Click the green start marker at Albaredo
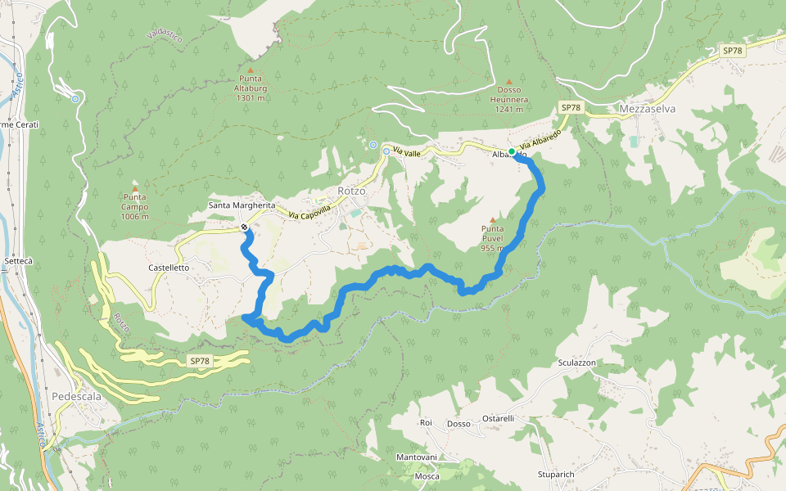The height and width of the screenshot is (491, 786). pos(512,152)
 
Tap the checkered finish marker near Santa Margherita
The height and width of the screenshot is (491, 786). pos(244,227)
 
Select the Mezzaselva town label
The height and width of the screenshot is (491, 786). pos(647,108)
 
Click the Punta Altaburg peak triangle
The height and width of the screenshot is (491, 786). pos(250,70)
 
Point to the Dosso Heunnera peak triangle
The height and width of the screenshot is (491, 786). pos(508,82)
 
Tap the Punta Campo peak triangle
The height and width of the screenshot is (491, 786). pos(135,188)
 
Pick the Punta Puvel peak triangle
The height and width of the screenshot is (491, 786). pos(492,219)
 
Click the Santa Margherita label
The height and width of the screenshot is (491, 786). pos(242,205)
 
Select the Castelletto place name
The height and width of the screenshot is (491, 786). pos(169,268)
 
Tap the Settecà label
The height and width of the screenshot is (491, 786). pos(18,261)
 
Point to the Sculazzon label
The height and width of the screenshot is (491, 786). pos(576,363)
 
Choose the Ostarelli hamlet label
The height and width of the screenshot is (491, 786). pos(498,418)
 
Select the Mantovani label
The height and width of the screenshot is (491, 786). pos(417,457)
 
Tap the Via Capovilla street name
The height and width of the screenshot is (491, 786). pos(309,211)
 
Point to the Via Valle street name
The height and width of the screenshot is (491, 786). pos(406,152)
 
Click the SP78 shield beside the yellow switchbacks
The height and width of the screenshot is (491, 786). pos(200,361)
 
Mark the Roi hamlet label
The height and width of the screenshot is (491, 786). pos(425,423)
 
